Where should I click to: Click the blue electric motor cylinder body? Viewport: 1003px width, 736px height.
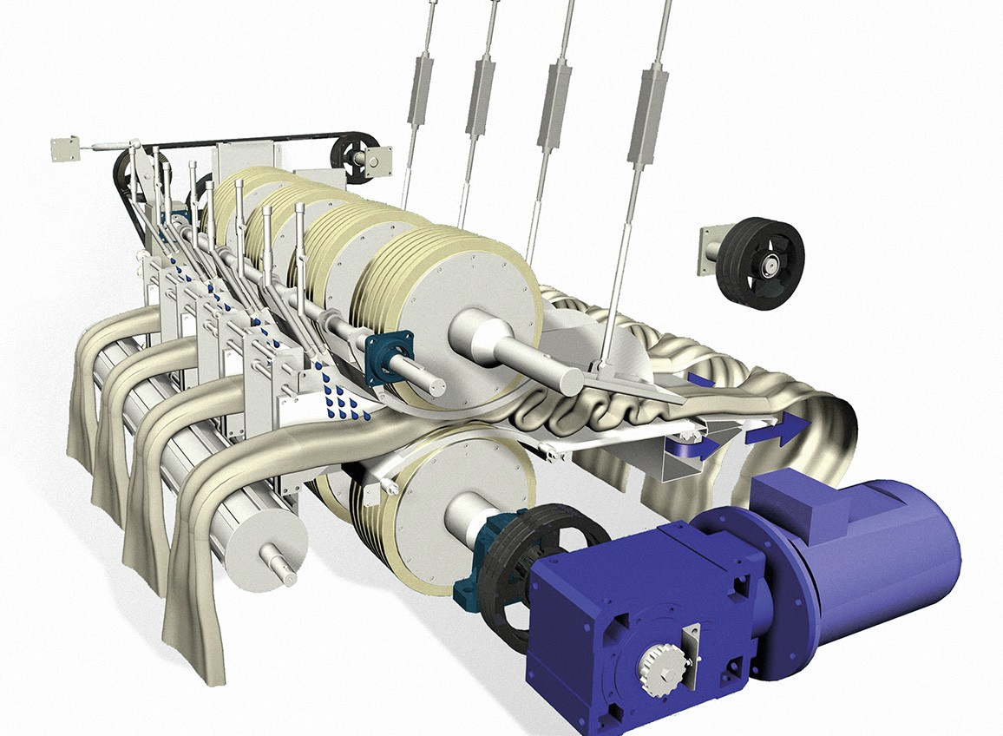click(876, 555)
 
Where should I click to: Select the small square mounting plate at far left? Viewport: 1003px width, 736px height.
click(64, 148)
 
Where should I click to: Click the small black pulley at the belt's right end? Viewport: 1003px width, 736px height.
click(351, 156)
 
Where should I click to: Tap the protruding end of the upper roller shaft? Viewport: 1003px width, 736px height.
click(564, 378)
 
